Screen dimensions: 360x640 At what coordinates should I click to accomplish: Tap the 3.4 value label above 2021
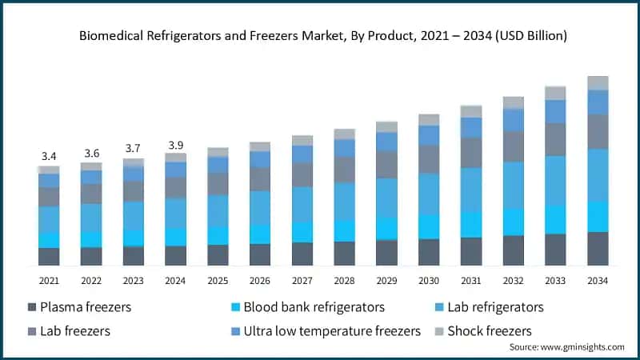tap(49, 155)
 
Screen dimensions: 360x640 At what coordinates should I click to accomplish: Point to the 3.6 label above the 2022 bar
tap(91, 152)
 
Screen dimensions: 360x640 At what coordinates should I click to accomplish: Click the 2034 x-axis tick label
tap(598, 281)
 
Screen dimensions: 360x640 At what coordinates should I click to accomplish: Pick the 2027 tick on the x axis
tap(302, 281)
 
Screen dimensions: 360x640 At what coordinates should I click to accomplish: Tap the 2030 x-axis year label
tap(429, 281)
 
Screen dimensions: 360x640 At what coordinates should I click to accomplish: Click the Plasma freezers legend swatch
tap(32, 308)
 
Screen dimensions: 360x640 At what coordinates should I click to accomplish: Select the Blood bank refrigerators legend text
tap(314, 307)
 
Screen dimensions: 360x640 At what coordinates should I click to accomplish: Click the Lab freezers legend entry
tap(74, 330)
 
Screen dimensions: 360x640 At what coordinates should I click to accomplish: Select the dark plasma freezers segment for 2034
tap(598, 249)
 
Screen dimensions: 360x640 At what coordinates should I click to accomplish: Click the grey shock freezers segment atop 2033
tap(555, 93)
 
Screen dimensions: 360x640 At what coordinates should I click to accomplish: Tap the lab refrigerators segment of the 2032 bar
tap(514, 185)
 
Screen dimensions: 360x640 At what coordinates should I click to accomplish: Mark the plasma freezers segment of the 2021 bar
tap(49, 257)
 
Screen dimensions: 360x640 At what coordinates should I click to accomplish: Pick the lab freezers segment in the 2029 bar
tap(386, 164)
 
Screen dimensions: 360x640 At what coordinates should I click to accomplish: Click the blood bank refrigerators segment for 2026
tap(260, 234)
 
